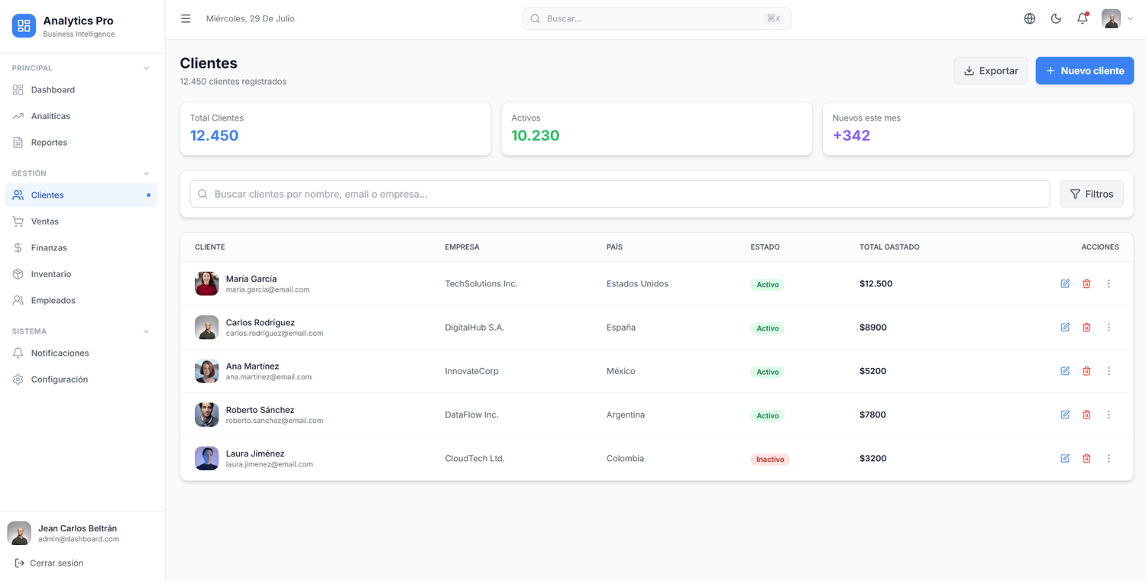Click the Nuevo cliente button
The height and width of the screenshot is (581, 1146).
pyautogui.click(x=1084, y=70)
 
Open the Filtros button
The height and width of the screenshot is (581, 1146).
pyautogui.click(x=1091, y=194)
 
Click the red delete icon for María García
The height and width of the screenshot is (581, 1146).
pyautogui.click(x=1086, y=284)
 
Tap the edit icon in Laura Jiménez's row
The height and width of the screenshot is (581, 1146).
pyautogui.click(x=1065, y=458)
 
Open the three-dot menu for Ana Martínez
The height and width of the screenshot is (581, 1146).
pyautogui.click(x=1109, y=371)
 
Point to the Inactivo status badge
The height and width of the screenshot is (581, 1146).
pyautogui.click(x=770, y=460)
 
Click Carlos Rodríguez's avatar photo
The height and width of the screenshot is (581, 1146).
pyautogui.click(x=207, y=328)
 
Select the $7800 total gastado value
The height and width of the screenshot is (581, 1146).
pyautogui.click(x=872, y=415)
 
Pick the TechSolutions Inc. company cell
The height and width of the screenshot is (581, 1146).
pyautogui.click(x=481, y=284)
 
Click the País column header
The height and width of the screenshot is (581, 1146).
pyautogui.click(x=614, y=247)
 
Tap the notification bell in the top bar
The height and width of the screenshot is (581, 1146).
pyautogui.click(x=1083, y=18)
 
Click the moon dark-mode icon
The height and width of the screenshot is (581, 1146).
pyautogui.click(x=1056, y=18)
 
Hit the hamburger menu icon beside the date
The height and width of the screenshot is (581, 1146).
pyautogui.click(x=186, y=18)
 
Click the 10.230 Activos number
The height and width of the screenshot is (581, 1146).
pyautogui.click(x=535, y=136)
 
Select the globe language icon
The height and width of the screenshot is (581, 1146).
pyautogui.click(x=1029, y=18)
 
